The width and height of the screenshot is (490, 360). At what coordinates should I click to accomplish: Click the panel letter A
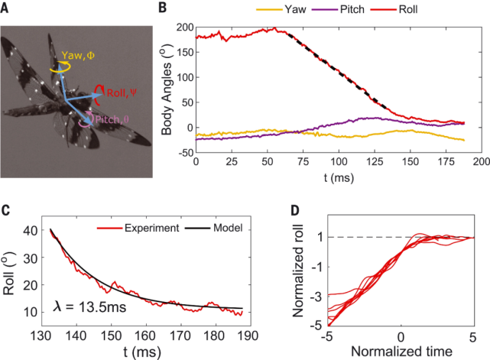[7, 8]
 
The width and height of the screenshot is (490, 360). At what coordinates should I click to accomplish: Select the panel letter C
[7, 212]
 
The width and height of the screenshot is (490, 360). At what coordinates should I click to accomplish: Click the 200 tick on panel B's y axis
[183, 27]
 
